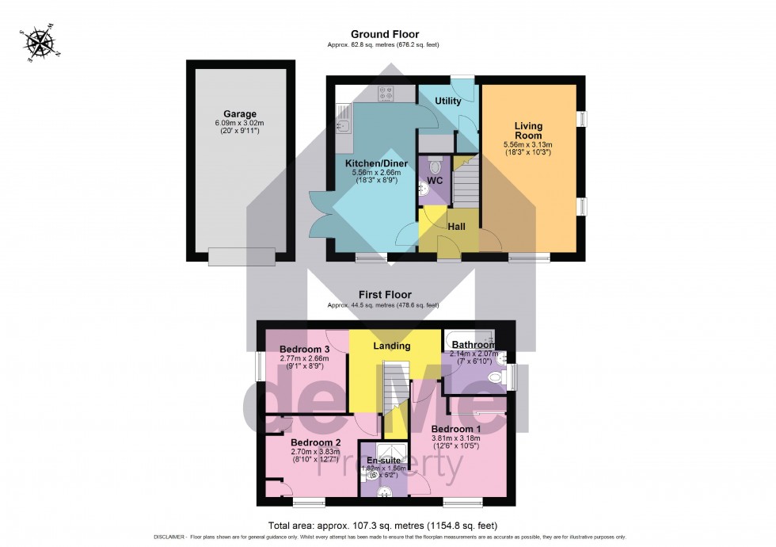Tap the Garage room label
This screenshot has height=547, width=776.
pos(239,114)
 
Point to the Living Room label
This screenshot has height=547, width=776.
pos(530,131)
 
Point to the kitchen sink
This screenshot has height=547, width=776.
pos(343,123)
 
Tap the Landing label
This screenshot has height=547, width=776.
pos(392,346)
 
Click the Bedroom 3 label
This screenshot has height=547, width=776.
pos(304,350)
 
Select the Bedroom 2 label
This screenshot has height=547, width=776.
pos(315,442)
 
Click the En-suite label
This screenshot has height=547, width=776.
pos(383,459)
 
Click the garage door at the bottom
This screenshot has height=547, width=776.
pos(242,256)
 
